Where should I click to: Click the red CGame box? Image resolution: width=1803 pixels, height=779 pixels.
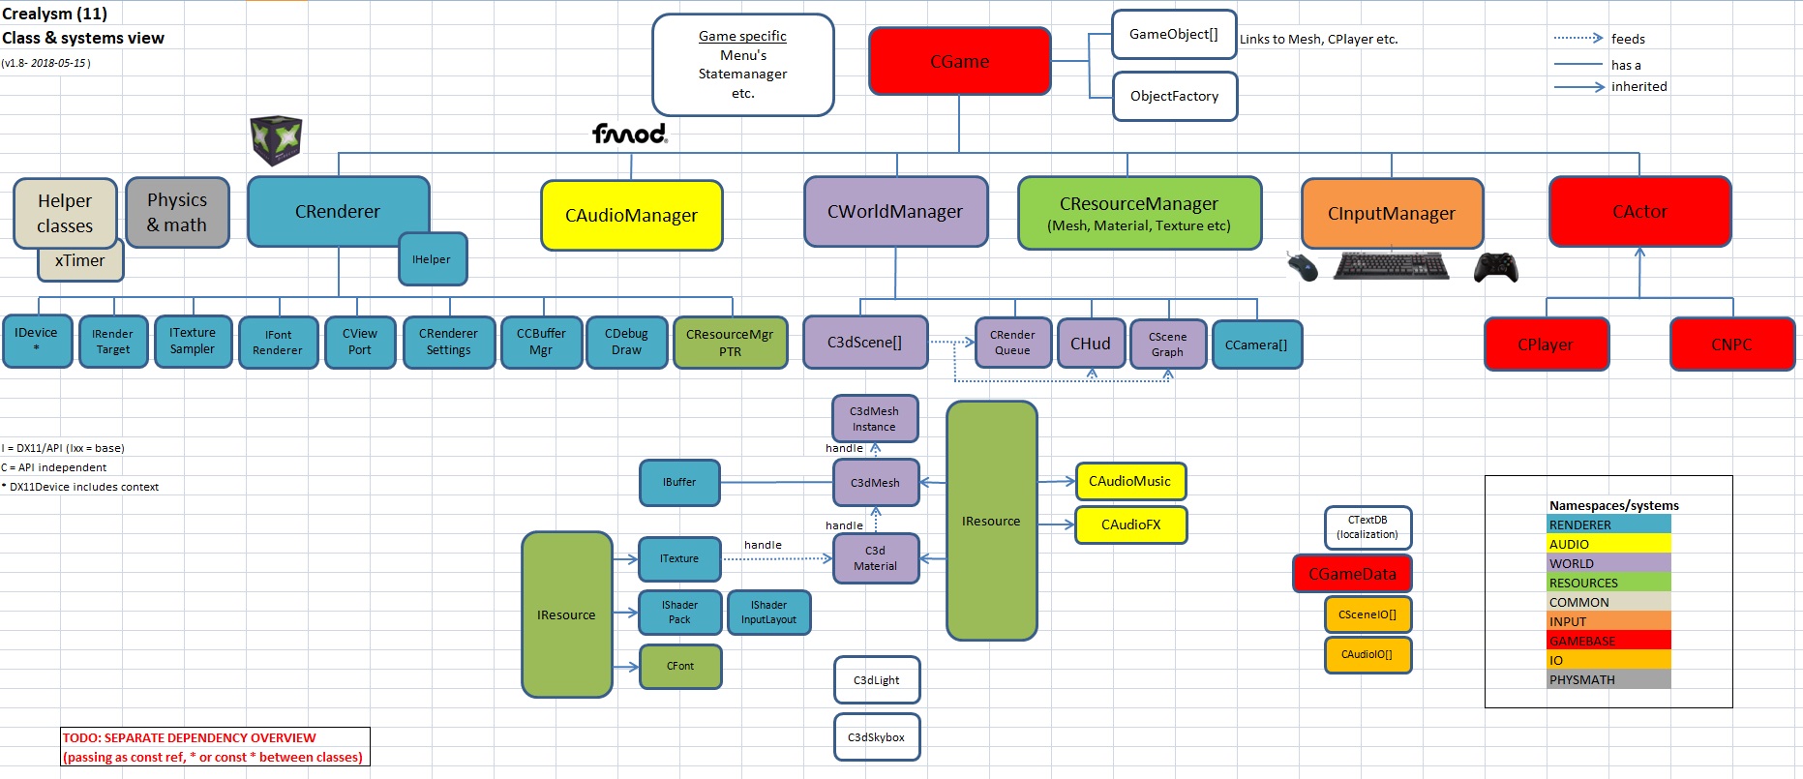pyautogui.click(x=959, y=61)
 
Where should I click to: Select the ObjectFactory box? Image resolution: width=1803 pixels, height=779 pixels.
pyautogui.click(x=1174, y=96)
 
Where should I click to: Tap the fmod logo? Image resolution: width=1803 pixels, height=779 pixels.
pyautogui.click(x=629, y=134)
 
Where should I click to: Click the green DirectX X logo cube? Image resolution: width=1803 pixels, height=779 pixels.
pyautogui.click(x=276, y=140)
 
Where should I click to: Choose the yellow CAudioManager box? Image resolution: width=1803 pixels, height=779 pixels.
pyautogui.click(x=631, y=215)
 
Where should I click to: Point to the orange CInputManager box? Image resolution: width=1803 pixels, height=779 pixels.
pyautogui.click(x=1391, y=213)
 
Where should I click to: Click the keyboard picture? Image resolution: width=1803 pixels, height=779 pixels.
pyautogui.click(x=1391, y=265)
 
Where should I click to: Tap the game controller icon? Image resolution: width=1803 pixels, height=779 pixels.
pyautogui.click(x=1495, y=267)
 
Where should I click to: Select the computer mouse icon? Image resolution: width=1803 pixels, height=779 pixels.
pyautogui.click(x=1303, y=266)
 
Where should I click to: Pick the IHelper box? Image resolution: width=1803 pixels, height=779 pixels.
pyautogui.click(x=432, y=259)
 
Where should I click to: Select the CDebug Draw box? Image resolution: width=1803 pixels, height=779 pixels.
pyautogui.click(x=626, y=342)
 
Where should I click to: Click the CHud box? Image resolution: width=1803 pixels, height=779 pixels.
pyautogui.click(x=1090, y=344)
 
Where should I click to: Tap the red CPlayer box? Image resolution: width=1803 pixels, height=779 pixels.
pyautogui.click(x=1546, y=345)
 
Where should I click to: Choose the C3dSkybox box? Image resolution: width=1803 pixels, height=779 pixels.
pyautogui.click(x=876, y=737)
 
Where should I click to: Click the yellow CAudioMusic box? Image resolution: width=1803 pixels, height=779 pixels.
pyautogui.click(x=1129, y=481)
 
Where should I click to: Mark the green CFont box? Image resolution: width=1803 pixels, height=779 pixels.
pyautogui.click(x=680, y=666)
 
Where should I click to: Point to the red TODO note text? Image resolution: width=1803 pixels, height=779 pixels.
pyautogui.click(x=214, y=747)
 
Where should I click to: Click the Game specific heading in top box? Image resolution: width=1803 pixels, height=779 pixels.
pyautogui.click(x=742, y=36)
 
